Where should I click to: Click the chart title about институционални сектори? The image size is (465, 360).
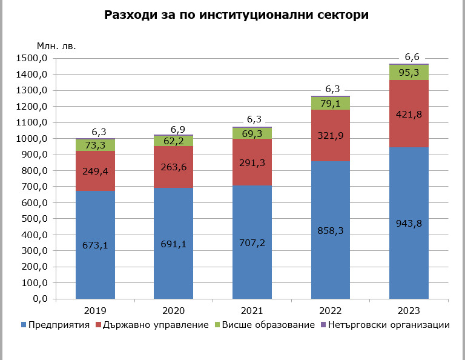click(x=236, y=16)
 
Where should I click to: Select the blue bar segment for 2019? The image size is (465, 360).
click(x=95, y=267)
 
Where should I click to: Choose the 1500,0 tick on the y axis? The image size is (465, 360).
click(x=34, y=59)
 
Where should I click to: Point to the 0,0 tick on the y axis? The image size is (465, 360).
click(x=41, y=299)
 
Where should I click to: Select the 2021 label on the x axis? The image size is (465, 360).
click(x=252, y=310)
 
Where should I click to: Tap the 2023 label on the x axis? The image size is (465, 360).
click(x=409, y=310)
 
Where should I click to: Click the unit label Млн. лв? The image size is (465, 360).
click(x=56, y=45)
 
